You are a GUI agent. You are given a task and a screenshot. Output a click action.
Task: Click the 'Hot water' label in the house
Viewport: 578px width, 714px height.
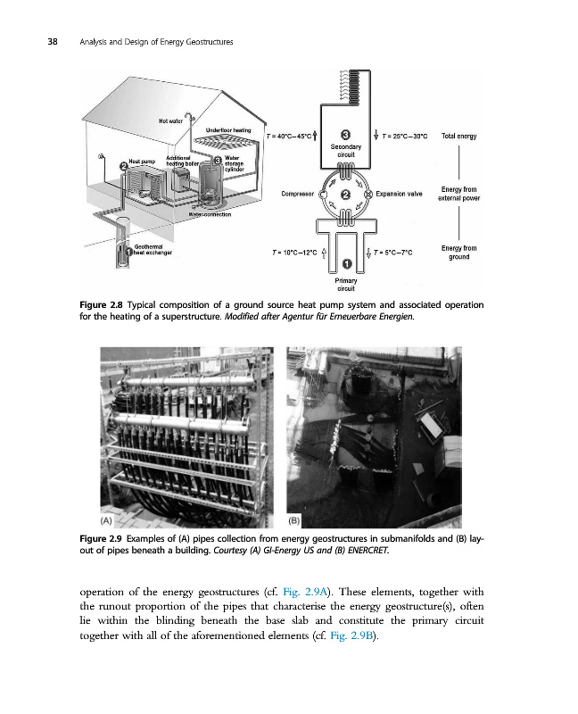(x=171, y=120)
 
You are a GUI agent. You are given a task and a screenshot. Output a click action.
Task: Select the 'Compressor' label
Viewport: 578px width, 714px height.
(x=296, y=193)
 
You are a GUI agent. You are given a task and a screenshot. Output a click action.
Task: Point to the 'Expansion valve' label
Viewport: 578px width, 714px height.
(x=399, y=193)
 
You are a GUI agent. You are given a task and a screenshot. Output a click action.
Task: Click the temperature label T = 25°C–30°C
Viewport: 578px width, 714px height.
(x=405, y=137)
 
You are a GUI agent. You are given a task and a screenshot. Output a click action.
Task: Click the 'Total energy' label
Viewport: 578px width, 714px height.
(x=459, y=137)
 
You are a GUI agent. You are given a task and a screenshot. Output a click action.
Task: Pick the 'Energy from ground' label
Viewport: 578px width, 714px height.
(x=458, y=253)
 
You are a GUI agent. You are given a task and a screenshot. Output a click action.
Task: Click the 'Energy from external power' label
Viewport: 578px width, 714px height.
(x=458, y=194)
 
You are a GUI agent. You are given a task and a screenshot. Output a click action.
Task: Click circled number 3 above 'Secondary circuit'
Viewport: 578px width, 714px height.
(x=345, y=135)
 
